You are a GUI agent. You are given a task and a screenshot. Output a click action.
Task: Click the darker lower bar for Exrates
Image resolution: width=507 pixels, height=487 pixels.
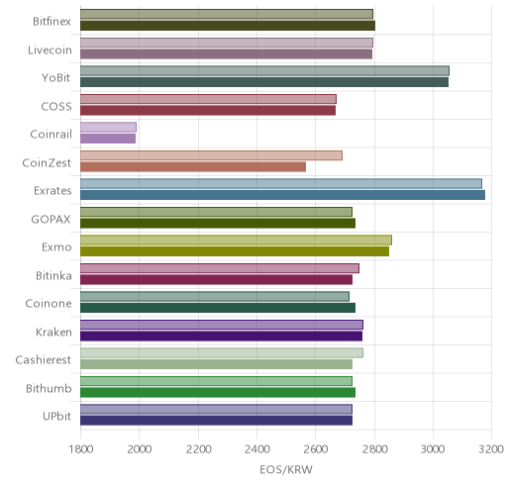click(282, 195)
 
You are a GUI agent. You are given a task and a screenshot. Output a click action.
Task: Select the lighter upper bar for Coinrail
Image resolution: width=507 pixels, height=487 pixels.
click(108, 128)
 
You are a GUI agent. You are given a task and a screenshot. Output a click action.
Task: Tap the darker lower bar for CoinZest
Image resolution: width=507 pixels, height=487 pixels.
click(193, 167)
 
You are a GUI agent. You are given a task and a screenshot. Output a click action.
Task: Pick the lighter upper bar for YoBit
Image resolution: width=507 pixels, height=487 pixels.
click(264, 71)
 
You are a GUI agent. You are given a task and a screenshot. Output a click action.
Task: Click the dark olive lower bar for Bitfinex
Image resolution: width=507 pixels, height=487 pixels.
click(228, 26)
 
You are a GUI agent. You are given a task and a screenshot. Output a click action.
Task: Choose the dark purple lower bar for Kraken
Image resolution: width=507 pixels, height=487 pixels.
click(221, 337)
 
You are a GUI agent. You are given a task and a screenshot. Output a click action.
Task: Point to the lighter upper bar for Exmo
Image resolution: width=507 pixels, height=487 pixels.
click(236, 241)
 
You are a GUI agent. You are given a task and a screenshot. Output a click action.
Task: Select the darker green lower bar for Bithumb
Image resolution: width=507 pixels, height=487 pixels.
click(218, 393)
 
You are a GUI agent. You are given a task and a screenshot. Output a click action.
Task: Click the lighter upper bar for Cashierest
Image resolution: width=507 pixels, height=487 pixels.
click(222, 353)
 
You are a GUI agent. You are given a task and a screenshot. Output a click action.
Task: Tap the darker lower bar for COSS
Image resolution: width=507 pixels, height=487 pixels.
click(208, 111)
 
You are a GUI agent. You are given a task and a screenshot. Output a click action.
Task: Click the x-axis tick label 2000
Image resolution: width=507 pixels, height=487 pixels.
click(140, 449)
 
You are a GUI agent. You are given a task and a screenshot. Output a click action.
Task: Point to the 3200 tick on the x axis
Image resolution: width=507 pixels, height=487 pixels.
click(491, 449)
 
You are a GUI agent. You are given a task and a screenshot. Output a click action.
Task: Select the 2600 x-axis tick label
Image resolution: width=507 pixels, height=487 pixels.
click(315, 449)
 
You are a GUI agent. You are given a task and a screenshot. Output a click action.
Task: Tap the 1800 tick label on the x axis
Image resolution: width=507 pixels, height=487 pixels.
click(80, 449)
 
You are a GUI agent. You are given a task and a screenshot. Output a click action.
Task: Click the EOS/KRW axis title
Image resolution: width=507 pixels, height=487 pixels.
click(286, 469)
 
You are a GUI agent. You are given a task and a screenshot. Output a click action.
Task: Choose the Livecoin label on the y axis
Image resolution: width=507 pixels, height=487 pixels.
click(50, 49)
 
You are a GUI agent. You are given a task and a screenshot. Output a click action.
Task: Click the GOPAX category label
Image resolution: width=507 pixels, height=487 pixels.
click(51, 220)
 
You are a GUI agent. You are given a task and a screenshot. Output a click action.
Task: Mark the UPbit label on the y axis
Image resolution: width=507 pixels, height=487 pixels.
click(56, 417)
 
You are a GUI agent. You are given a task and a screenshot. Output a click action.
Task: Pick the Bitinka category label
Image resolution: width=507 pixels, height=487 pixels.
click(53, 275)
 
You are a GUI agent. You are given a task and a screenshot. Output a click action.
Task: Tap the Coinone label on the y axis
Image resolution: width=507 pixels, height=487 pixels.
click(49, 304)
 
